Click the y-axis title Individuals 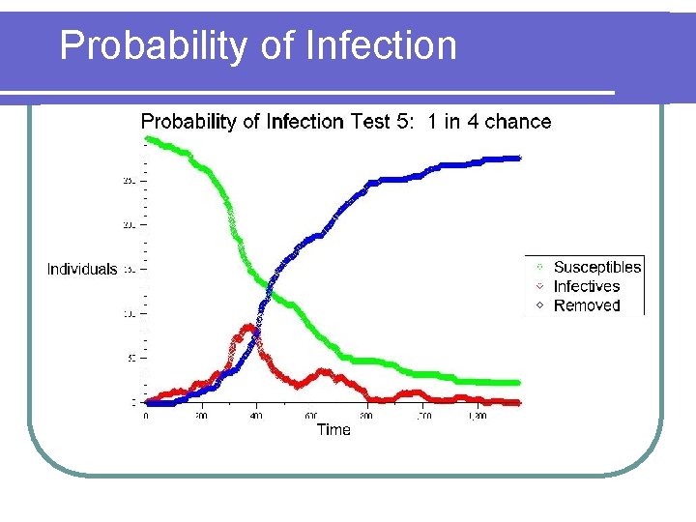[82, 270]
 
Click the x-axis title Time [333, 429]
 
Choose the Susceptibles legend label [596, 267]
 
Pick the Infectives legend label [586, 286]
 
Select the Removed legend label [586, 305]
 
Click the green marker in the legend [539, 267]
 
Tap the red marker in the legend [539, 286]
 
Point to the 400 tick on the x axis [256, 417]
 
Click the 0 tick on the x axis [146, 417]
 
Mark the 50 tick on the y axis [132, 358]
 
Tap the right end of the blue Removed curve [518, 158]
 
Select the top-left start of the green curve [147, 139]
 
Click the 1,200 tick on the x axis [476, 417]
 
